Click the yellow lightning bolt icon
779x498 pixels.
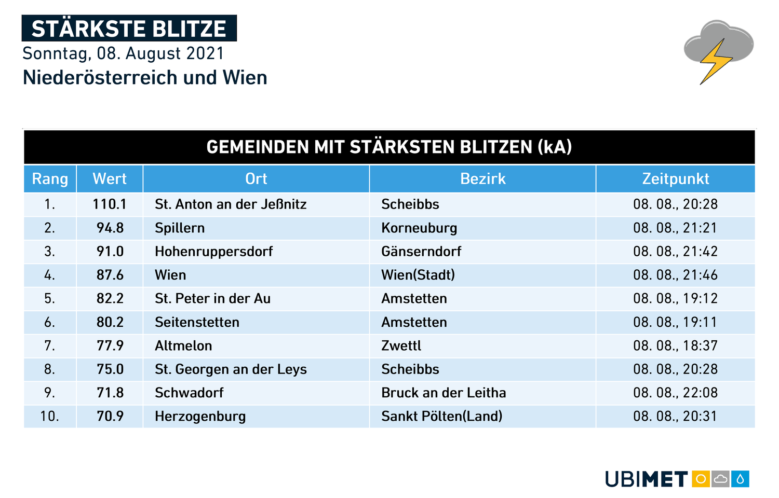click(x=716, y=61)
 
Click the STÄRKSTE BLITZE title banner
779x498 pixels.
click(x=129, y=29)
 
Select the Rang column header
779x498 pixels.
click(x=50, y=179)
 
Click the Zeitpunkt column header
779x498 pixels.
click(x=675, y=179)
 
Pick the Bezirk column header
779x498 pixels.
click(x=482, y=179)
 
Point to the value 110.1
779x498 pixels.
click(x=110, y=204)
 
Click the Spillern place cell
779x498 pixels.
click(x=180, y=228)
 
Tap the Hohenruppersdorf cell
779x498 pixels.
click(x=213, y=252)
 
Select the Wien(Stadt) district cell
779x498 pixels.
click(x=418, y=275)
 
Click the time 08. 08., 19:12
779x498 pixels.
click(x=675, y=299)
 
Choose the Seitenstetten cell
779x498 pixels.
click(x=197, y=323)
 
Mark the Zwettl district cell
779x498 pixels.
click(x=401, y=346)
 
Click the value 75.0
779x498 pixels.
click(x=110, y=369)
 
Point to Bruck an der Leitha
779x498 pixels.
click(x=444, y=393)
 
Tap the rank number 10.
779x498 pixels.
click(x=49, y=417)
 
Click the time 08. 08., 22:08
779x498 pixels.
click(x=675, y=393)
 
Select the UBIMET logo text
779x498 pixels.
click(x=646, y=479)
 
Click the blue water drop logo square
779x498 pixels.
click(x=740, y=479)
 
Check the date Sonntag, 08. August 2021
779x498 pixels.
click(x=124, y=53)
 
